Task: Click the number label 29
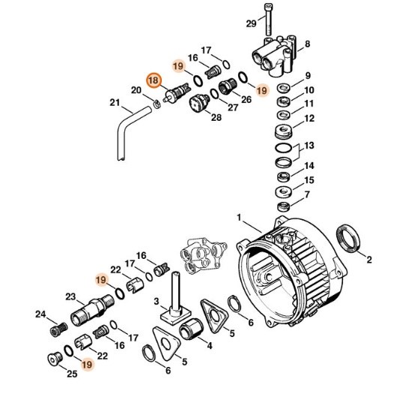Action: (x=252, y=25)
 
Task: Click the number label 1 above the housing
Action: (x=240, y=218)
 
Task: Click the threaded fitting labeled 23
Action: (x=91, y=308)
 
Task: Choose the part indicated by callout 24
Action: (x=55, y=331)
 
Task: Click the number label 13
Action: (x=308, y=146)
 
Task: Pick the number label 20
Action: (x=136, y=91)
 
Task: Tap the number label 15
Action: (x=309, y=180)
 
